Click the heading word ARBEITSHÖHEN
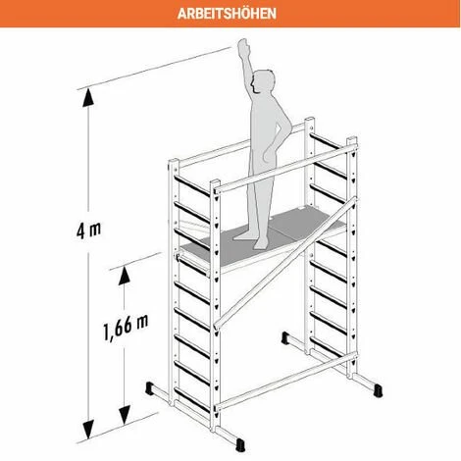coord(227,14)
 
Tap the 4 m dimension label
coord(88,230)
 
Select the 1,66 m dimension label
coord(126,327)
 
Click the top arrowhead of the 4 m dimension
coord(88,98)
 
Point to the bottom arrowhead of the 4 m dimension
coord(88,430)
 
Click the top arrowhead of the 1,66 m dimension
coord(125,276)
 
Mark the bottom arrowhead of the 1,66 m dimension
coord(125,415)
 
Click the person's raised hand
coord(243,46)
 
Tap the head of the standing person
coord(264,81)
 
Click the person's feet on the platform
coord(253,238)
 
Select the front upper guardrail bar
coord(285,170)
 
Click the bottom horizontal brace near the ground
coord(285,382)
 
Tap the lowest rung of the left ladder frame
coord(191,399)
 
